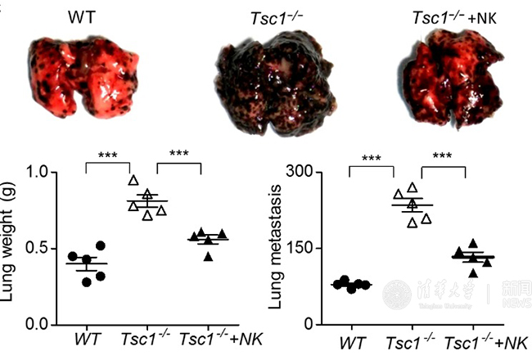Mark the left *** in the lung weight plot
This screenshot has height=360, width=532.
click(109, 155)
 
